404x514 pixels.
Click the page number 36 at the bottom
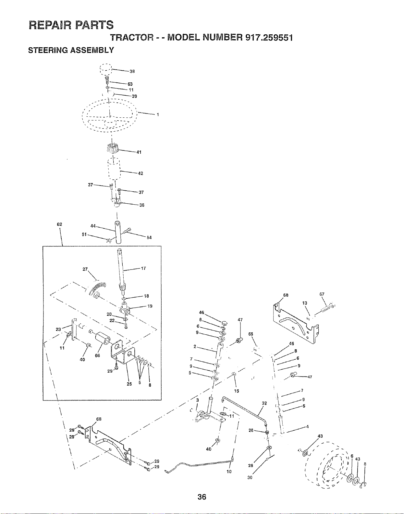point(202,497)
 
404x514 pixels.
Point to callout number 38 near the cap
point(132,71)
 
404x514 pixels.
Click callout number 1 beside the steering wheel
point(158,115)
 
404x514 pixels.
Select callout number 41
point(139,152)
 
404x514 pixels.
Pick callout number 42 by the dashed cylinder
point(141,173)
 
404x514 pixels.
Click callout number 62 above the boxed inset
point(59,224)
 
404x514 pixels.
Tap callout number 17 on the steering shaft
point(143,268)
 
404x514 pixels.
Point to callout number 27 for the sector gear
point(85,269)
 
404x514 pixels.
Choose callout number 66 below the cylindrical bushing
point(97,355)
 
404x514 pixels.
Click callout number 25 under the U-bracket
point(129,384)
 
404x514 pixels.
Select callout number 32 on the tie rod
point(264,403)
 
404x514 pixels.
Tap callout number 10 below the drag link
point(229,472)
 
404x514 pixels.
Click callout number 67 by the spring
point(322,294)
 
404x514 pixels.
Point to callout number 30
point(250,478)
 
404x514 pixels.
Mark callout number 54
point(149,237)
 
